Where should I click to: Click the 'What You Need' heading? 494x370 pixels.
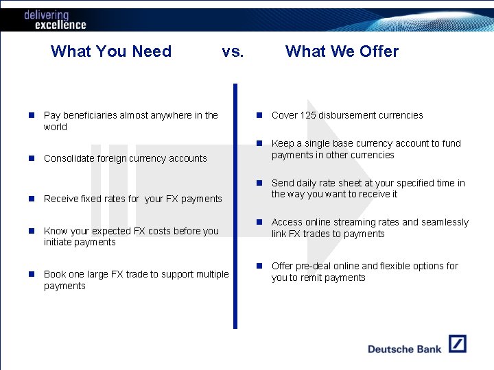coord(111,51)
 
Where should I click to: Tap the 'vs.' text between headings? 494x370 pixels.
coord(233,51)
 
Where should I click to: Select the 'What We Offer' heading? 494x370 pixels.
coord(342,51)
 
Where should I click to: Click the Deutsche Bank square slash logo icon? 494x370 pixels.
coord(458,344)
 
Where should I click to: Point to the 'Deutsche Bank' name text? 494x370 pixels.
coord(404,349)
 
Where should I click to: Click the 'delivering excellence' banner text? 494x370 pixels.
coord(55,20)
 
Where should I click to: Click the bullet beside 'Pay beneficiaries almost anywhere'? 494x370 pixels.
coord(32,116)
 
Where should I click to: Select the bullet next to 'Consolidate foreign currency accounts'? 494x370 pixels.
coord(32,158)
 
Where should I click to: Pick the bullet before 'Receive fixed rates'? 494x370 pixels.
coord(32,199)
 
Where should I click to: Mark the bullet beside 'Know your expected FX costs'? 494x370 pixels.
coord(32,231)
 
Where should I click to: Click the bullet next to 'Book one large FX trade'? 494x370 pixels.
coord(32,274)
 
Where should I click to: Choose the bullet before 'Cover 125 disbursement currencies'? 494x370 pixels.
coord(260,116)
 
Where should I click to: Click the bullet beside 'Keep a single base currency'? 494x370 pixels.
coord(260,144)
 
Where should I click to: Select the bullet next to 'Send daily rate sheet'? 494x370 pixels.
coord(260,184)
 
